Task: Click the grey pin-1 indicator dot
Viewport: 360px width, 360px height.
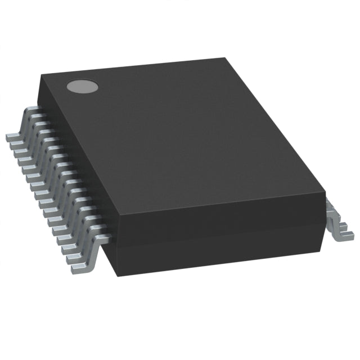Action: click(x=82, y=86)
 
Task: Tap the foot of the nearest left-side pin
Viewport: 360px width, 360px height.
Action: click(x=79, y=269)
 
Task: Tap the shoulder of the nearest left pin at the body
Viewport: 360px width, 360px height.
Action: click(x=103, y=240)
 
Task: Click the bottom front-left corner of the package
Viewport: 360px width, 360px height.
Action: click(x=117, y=275)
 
